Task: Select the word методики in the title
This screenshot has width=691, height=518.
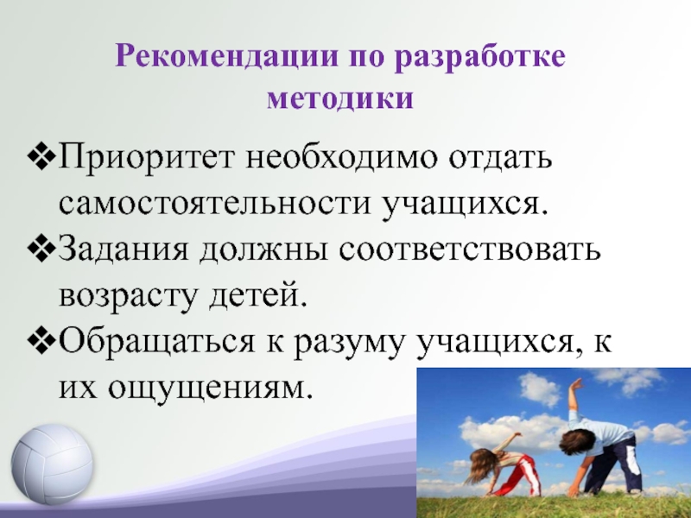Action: tap(340, 98)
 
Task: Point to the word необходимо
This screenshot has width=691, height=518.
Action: tap(341, 156)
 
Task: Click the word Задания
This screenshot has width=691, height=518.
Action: tap(124, 249)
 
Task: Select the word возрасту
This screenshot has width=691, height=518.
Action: tap(126, 296)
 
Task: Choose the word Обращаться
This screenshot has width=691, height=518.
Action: tap(156, 341)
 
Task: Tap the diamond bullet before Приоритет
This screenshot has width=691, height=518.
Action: tap(41, 158)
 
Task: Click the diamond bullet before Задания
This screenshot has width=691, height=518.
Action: tap(41, 250)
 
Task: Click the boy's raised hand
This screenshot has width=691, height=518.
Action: tap(575, 385)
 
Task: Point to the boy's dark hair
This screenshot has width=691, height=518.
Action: tap(577, 442)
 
